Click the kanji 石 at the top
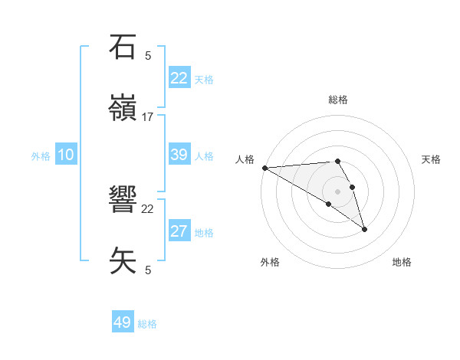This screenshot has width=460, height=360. (x=123, y=47)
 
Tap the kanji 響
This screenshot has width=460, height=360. (x=123, y=201)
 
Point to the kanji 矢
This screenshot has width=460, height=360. (x=123, y=260)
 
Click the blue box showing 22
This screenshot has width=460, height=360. (x=179, y=78)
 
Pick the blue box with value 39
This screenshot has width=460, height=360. (x=179, y=155)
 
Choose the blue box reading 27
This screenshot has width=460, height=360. (x=179, y=231)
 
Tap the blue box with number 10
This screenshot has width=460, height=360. (x=66, y=155)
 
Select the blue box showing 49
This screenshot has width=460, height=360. (x=123, y=322)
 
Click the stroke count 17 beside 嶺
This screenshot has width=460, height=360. (x=148, y=116)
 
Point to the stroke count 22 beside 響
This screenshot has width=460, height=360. (x=148, y=208)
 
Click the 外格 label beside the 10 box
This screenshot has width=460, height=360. (x=41, y=156)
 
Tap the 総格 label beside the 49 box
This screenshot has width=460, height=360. (x=148, y=324)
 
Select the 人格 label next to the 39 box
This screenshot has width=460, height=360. (x=204, y=156)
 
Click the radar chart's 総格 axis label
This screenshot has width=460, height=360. (x=337, y=100)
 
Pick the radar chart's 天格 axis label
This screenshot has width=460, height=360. (x=432, y=159)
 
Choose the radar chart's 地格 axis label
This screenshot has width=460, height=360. (x=402, y=262)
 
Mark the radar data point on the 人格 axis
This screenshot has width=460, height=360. (x=264, y=168)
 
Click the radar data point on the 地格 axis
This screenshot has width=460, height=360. (x=364, y=229)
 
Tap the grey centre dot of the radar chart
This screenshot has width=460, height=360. (x=337, y=191)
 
